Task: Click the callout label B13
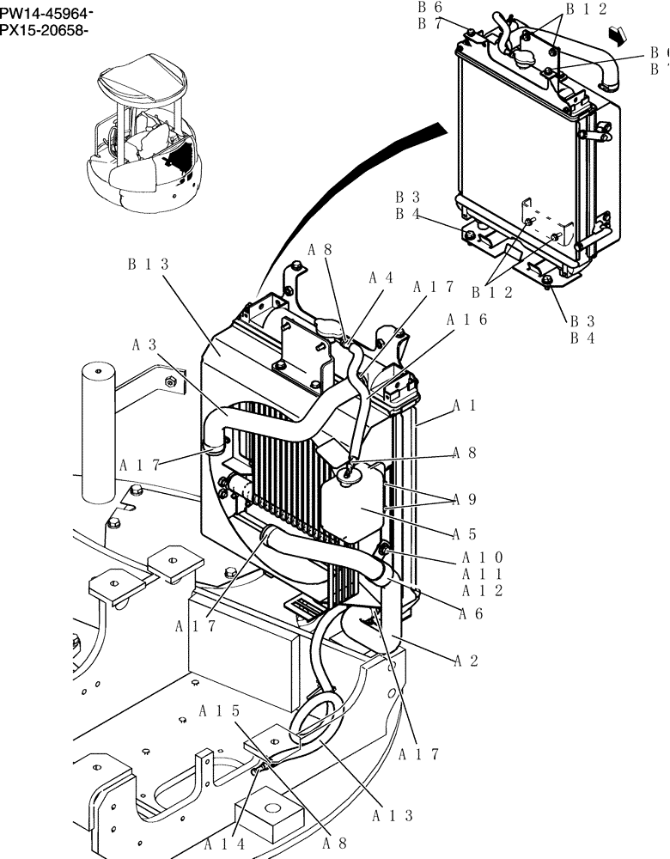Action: point(148,265)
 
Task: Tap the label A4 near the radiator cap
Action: point(381,278)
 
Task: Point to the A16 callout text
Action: point(467,320)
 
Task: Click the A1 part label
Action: point(465,405)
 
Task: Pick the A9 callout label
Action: point(465,499)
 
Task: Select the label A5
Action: point(465,533)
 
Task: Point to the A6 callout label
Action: point(470,613)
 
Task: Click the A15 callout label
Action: point(219,711)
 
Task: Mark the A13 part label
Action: point(394,816)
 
